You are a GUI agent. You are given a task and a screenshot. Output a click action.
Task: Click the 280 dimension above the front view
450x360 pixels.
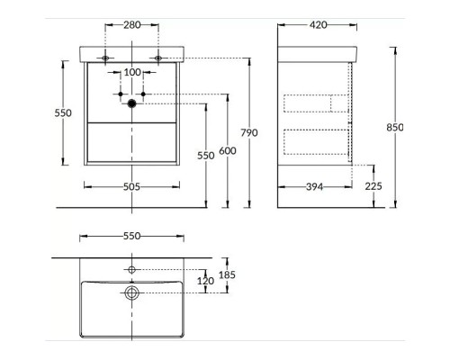coord(132,26)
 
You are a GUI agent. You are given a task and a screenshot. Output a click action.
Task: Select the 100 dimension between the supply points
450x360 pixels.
coord(132,71)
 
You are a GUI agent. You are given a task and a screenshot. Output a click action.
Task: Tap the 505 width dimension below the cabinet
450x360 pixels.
coord(132,186)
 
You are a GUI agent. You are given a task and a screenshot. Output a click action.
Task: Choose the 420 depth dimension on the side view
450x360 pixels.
coord(318,26)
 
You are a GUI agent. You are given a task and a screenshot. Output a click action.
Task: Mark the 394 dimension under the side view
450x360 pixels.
coord(313,186)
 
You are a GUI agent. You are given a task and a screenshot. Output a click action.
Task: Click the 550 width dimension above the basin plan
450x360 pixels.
coord(132,237)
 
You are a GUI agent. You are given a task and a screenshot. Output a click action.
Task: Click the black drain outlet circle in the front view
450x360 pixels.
coord(132,103)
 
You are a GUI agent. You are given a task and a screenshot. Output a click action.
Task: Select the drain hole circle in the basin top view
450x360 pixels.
coord(132,292)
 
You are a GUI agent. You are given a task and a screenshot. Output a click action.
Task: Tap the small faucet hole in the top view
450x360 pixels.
coord(132,269)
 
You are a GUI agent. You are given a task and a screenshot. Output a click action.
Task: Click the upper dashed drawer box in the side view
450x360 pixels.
coord(315,102)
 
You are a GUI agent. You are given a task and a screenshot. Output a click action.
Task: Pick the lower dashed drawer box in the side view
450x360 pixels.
coord(315,142)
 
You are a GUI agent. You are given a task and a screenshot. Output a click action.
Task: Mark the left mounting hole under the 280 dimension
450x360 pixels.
coord(106,58)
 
